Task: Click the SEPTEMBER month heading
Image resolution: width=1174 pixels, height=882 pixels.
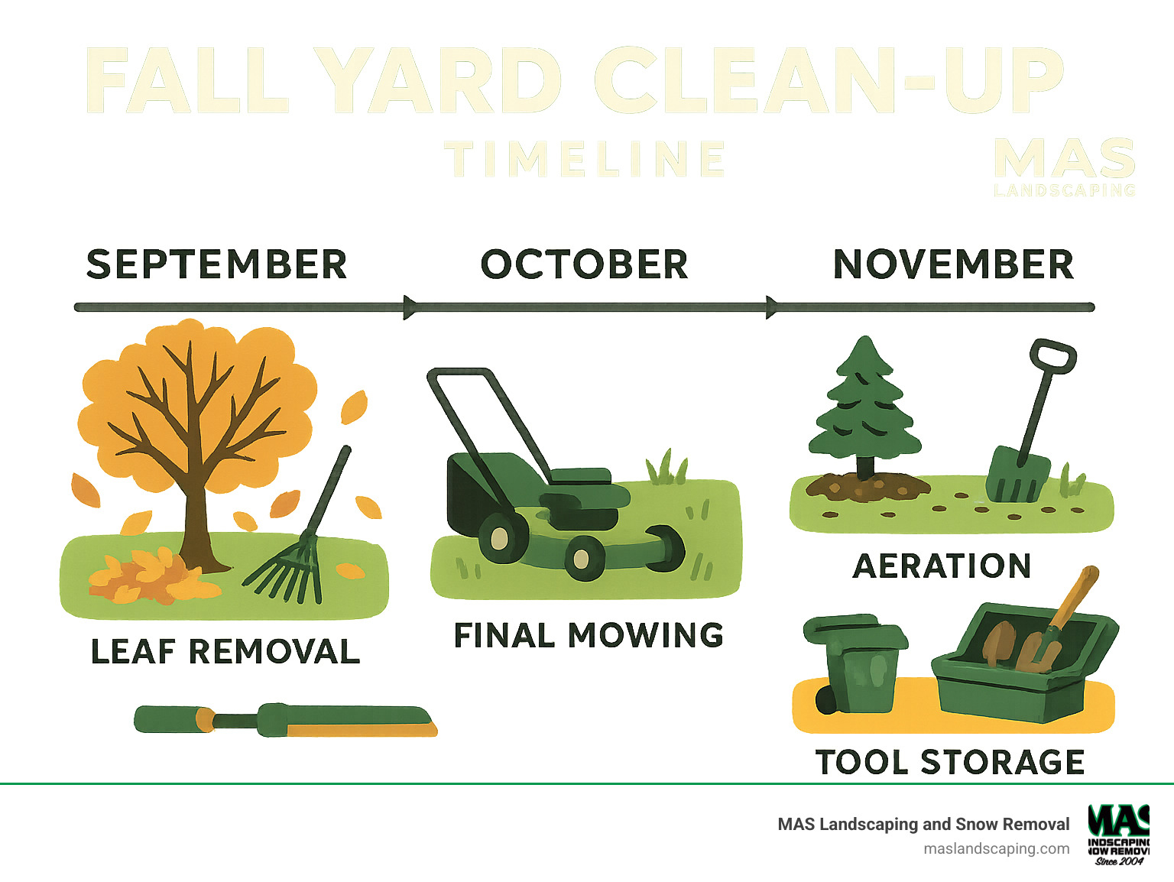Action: coord(216,264)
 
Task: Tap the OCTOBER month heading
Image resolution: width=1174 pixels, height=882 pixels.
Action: coord(584,264)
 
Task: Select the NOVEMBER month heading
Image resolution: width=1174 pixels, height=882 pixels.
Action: coord(953,264)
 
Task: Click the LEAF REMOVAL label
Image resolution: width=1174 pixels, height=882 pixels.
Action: coord(225,652)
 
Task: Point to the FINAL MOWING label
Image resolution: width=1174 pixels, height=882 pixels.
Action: coord(589,635)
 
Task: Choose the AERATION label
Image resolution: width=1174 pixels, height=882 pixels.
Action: coord(942,566)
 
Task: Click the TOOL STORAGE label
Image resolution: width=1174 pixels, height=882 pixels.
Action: coord(950,762)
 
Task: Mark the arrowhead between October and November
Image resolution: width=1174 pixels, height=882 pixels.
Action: coord(773,307)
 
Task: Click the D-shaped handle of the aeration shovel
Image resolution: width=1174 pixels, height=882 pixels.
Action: coord(1052,356)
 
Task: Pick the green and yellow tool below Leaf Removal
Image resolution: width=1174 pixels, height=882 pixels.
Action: coord(285,720)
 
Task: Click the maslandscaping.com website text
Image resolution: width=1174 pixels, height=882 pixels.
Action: coord(996,848)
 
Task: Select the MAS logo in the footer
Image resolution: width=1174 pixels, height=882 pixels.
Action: coord(1118,834)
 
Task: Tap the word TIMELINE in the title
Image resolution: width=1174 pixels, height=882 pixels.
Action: coord(585,159)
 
